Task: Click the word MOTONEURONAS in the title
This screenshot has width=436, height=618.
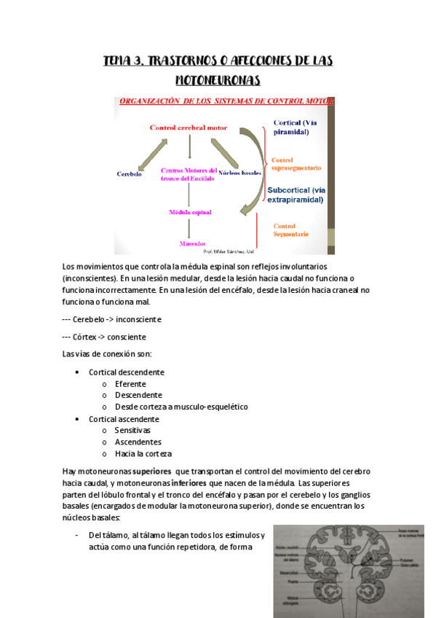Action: click(218, 78)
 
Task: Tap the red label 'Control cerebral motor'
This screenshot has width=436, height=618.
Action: click(189, 128)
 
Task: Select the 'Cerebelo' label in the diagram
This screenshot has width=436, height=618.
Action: click(129, 174)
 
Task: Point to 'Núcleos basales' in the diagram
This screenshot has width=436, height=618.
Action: click(239, 173)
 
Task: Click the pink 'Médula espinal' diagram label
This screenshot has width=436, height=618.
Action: click(190, 212)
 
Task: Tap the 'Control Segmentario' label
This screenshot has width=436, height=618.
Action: click(291, 230)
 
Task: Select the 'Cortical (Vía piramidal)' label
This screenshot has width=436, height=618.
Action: click(296, 128)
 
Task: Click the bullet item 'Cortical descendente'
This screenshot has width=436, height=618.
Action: click(127, 372)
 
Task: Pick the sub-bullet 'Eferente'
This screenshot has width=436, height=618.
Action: click(130, 383)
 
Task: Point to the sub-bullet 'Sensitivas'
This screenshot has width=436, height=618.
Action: click(132, 430)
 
